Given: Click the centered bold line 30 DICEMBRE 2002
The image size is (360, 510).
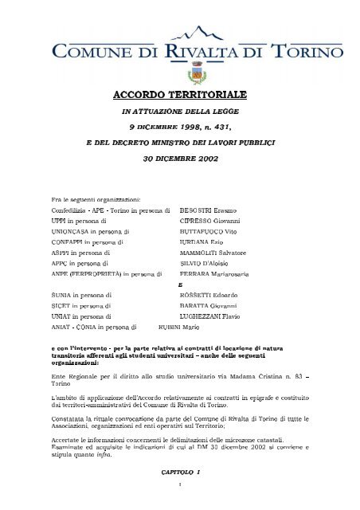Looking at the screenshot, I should (179, 158).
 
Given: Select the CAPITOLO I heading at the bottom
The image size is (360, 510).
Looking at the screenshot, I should (179, 473).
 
